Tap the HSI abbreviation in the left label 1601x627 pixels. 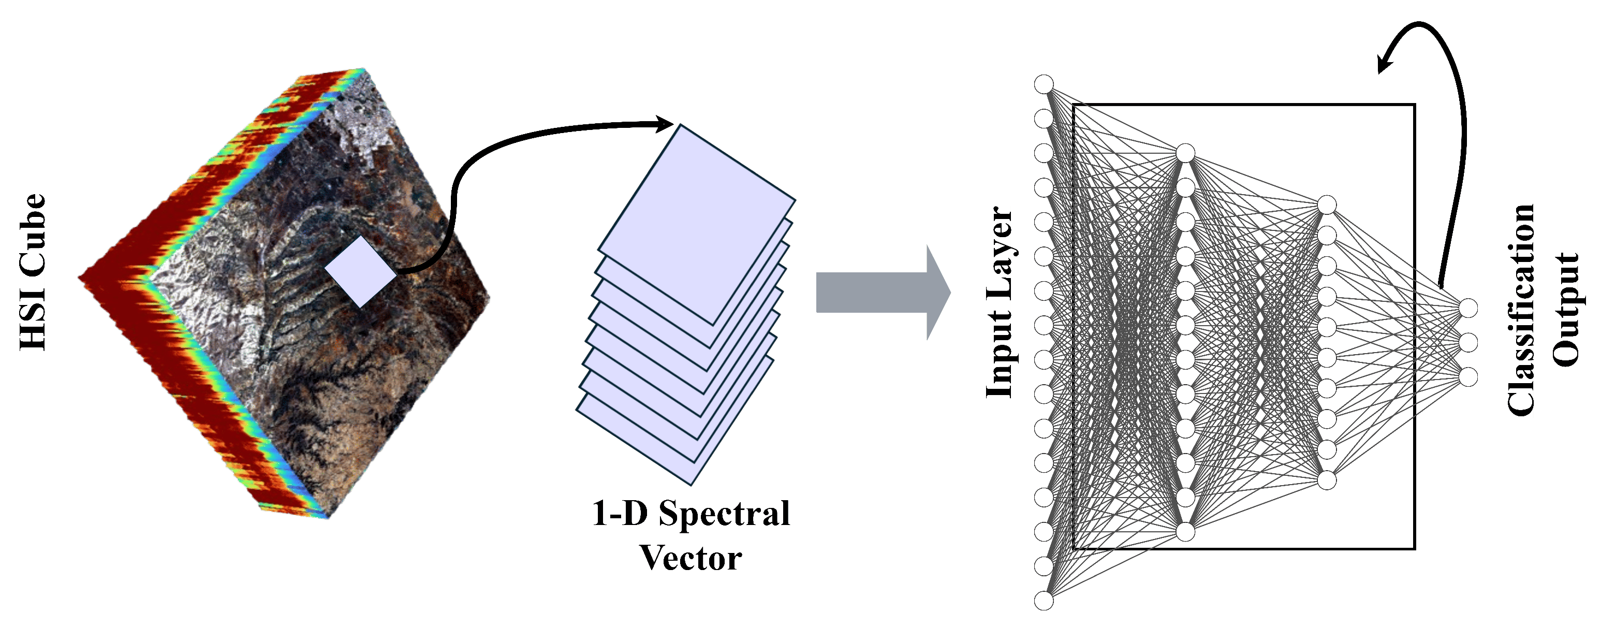(x=32, y=320)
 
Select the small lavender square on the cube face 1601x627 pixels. (x=360, y=271)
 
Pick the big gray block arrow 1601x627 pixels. (x=883, y=292)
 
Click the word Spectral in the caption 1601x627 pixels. (x=724, y=513)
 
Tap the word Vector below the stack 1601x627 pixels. (x=691, y=558)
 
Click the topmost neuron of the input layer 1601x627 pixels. (x=1044, y=84)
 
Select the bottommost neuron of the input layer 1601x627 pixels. (x=1044, y=600)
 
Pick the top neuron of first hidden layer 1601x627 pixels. (x=1185, y=153)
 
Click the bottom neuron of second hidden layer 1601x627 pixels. (x=1326, y=480)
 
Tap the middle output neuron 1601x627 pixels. (x=1468, y=342)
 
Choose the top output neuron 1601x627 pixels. (x=1468, y=308)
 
